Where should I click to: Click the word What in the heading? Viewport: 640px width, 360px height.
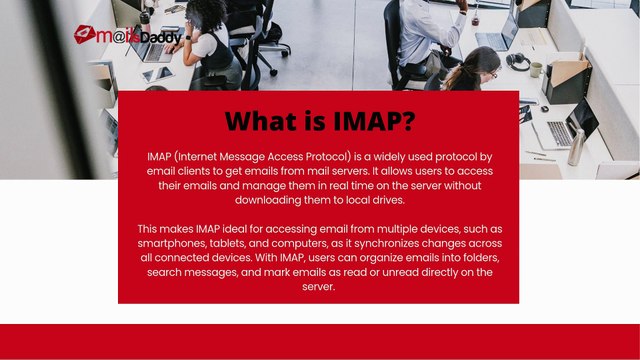[x=263, y=121]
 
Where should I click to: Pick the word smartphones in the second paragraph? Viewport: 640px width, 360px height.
[x=178, y=244]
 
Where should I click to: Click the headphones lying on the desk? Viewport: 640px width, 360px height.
[x=518, y=61]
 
